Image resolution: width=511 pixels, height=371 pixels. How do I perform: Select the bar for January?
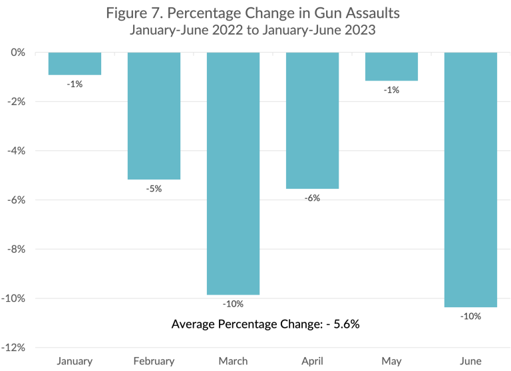[x=75, y=64]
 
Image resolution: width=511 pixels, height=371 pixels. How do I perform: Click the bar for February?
[x=154, y=116]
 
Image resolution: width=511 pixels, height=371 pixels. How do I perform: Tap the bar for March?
[x=233, y=173]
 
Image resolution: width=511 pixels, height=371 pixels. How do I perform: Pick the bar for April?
[x=312, y=120]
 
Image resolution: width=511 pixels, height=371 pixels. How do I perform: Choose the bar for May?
[x=391, y=66]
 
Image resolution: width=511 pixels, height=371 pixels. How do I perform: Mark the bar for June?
[x=470, y=180]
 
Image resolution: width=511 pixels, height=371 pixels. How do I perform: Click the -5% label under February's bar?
[x=154, y=189]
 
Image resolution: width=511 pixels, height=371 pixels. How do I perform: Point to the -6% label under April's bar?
[x=312, y=198]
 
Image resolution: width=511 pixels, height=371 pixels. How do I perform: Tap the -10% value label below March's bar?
[x=233, y=304]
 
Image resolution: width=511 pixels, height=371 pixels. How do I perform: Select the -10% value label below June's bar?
[x=470, y=316]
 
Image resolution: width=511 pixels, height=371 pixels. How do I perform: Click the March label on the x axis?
[x=233, y=361]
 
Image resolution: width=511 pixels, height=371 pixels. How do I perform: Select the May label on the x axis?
[x=391, y=361]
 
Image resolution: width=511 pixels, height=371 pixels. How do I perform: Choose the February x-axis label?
[x=154, y=361]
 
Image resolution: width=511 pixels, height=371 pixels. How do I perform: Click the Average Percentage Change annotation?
[x=265, y=324]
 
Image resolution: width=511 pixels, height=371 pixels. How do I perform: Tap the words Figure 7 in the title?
[x=135, y=13]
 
